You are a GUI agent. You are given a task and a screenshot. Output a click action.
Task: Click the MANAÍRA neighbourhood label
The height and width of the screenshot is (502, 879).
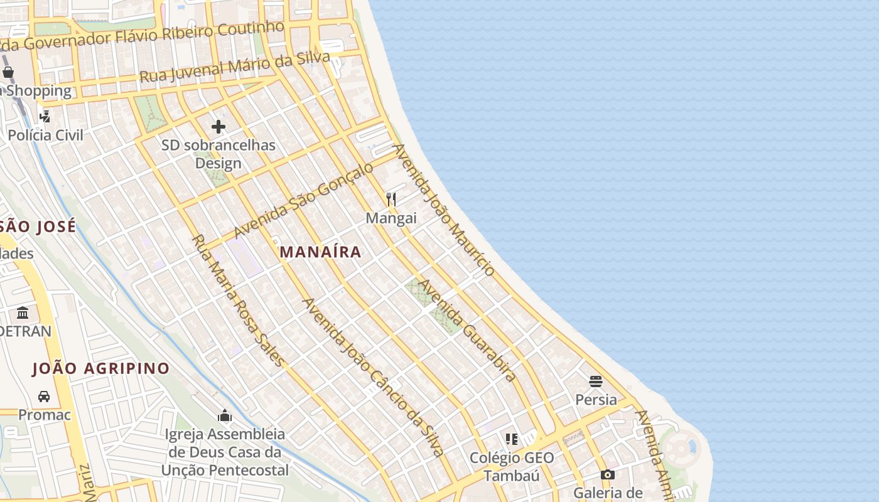point(320,252)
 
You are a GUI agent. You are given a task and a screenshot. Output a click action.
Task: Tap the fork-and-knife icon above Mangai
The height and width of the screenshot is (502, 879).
point(391,200)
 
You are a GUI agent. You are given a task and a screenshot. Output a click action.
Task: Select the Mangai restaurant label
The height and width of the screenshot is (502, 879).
point(391,218)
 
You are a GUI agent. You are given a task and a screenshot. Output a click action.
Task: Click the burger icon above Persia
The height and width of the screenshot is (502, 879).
point(596,381)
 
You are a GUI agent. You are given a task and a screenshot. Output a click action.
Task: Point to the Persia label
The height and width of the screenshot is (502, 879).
point(596,400)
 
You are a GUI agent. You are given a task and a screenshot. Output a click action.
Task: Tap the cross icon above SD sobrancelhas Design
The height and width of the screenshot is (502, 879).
point(218,127)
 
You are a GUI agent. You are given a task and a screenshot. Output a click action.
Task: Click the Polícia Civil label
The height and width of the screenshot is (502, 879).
point(45,135)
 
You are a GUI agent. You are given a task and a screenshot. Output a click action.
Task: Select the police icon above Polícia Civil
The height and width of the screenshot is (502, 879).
point(45,116)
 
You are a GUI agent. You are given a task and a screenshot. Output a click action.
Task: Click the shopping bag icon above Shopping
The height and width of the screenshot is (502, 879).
point(8,72)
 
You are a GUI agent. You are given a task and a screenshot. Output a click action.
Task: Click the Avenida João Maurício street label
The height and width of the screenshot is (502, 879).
point(443,210)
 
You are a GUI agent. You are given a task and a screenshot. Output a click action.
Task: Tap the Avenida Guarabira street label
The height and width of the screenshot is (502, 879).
point(467,330)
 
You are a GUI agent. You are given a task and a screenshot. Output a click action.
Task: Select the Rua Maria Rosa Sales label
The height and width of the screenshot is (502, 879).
point(238,300)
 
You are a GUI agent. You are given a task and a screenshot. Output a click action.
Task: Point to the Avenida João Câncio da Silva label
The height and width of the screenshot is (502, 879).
point(374,376)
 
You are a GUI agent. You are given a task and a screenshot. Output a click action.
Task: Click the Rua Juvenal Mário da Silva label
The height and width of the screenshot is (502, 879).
point(234,67)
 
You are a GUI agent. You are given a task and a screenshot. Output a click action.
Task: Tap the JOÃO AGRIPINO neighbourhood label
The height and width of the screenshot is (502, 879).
point(101,368)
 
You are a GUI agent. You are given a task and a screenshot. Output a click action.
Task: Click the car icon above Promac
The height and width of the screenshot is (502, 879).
point(44,397)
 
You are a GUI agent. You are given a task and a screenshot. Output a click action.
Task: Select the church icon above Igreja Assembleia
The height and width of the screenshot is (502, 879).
point(224,415)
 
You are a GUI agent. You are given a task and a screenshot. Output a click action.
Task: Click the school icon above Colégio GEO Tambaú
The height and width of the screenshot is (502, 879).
point(512,439)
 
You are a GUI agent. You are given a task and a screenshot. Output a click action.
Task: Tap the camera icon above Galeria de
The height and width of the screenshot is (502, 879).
point(607,474)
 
